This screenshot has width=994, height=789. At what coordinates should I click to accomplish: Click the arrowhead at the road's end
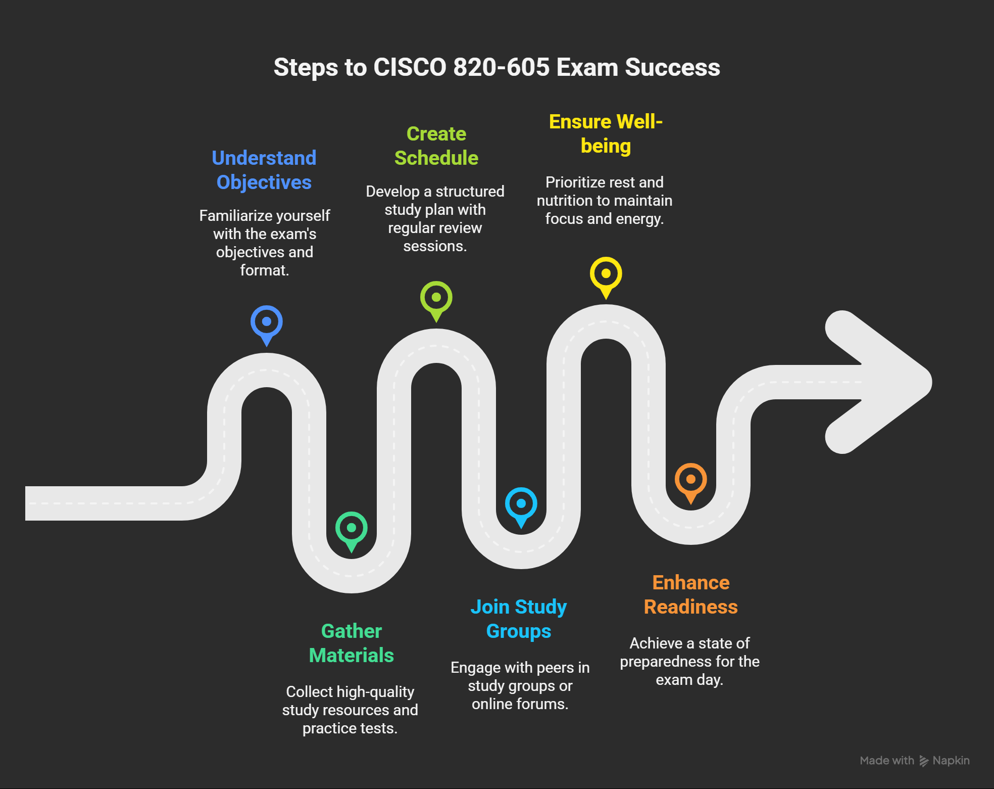click(879, 382)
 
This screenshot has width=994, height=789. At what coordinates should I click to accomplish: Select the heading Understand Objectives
click(264, 170)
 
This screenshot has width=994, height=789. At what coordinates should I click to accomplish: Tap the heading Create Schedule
click(436, 146)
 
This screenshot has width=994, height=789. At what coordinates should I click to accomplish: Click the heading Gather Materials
click(352, 643)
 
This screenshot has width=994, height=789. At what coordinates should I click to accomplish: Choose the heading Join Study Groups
click(519, 619)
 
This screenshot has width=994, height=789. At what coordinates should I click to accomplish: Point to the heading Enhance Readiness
click(691, 594)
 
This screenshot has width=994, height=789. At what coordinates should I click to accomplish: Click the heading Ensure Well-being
click(606, 133)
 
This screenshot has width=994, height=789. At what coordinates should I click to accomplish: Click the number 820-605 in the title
click(501, 67)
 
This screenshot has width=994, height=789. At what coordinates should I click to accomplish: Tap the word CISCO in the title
click(410, 67)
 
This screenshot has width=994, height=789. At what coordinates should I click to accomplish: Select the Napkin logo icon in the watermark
click(924, 761)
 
